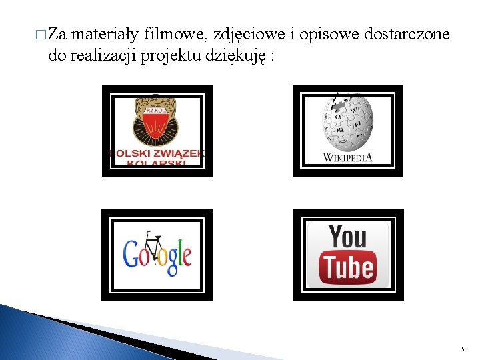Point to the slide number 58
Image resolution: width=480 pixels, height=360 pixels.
point(465,349)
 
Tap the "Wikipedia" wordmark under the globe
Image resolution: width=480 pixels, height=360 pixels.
point(347,157)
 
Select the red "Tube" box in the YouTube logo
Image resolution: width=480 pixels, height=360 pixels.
point(348,267)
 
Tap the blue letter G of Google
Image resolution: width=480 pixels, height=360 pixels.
point(132,253)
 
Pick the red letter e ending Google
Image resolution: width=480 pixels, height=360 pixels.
point(187,257)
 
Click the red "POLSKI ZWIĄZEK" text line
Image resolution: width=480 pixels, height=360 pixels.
point(157,154)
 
